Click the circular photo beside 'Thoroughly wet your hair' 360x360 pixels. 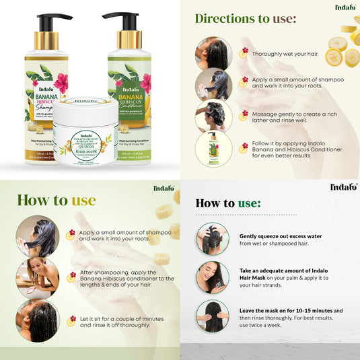coord(214,53)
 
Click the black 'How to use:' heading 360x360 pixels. coord(227,203)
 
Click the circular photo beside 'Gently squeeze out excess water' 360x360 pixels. coord(213,240)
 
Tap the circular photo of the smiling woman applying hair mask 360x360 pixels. coord(213,277)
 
